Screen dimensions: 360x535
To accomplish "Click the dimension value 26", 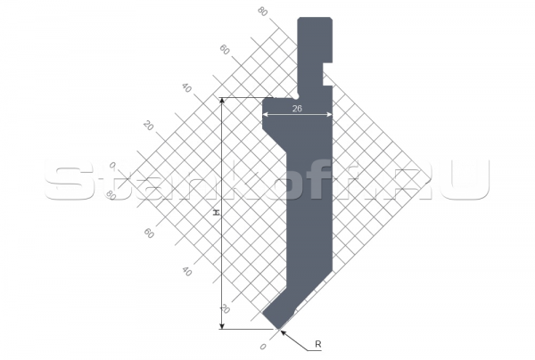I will tap(296, 107).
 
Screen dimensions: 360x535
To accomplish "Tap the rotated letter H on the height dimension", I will tap(215, 213).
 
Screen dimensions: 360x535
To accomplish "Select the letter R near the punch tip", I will tap(317, 343).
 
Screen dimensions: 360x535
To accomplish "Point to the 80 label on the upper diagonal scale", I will tap(261, 12).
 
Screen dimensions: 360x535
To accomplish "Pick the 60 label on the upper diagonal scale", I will tap(224, 50).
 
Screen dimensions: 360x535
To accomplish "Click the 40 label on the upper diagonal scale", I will tap(186, 87).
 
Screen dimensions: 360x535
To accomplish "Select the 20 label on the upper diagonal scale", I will tap(149, 126).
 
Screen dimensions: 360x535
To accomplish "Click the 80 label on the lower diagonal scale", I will tap(111, 193).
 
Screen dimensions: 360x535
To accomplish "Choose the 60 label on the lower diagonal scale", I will tap(148, 233).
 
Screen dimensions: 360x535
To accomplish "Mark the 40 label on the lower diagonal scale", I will tap(186, 271).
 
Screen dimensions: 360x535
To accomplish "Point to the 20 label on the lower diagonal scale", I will tap(224, 308).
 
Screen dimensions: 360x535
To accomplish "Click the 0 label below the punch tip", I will tap(262, 346).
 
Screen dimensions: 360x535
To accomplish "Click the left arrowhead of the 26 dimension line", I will tap(267, 113).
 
